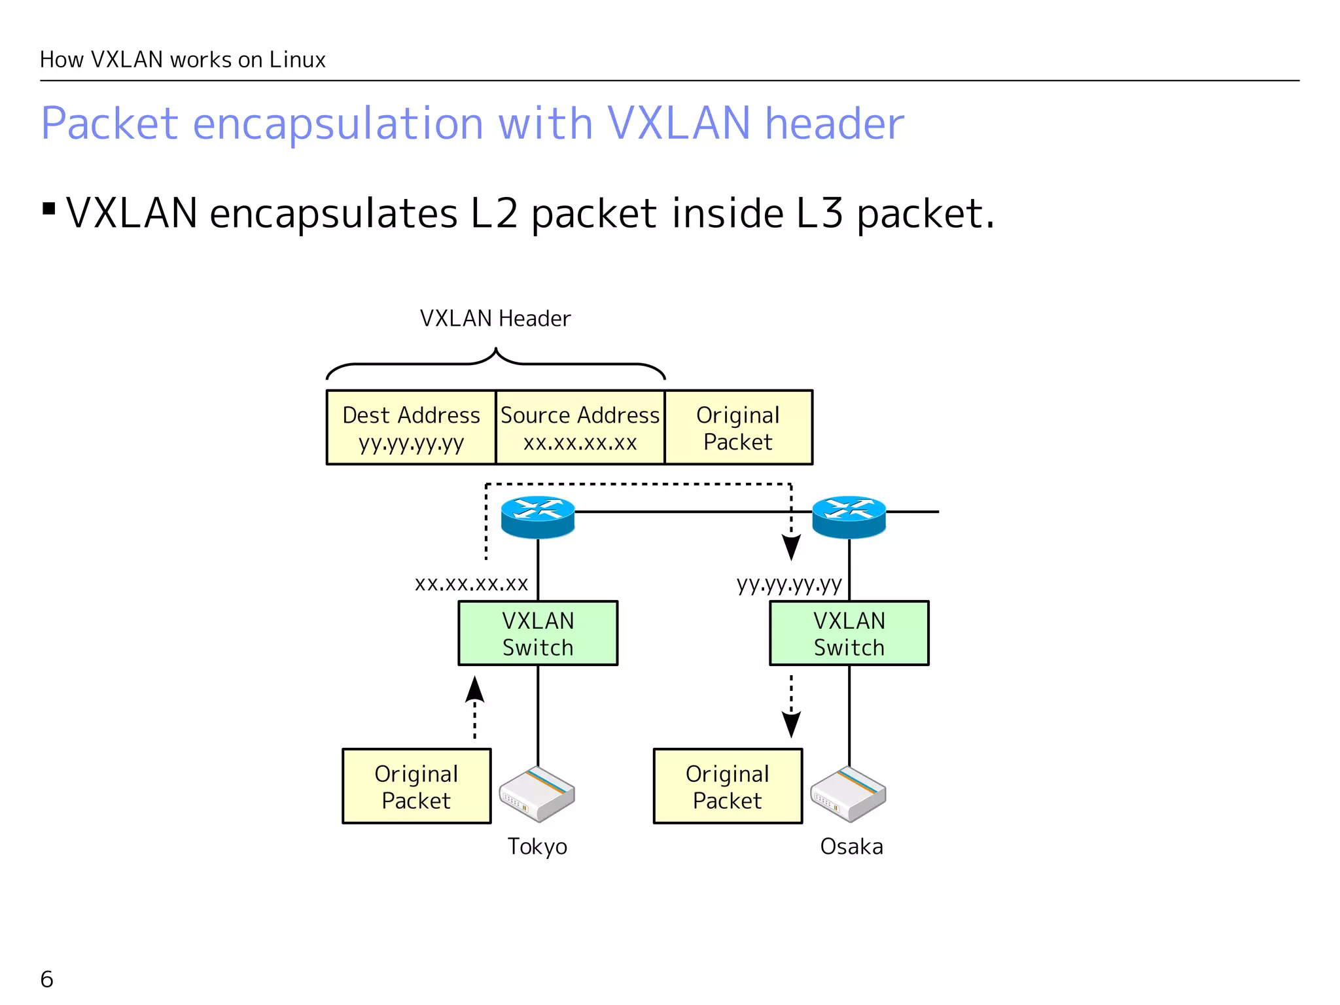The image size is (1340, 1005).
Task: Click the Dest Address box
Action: click(411, 428)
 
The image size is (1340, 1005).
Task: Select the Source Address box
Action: click(580, 428)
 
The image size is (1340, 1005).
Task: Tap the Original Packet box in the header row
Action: click(738, 428)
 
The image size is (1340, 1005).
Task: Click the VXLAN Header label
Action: click(495, 319)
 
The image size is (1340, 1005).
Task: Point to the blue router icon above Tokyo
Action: click(538, 517)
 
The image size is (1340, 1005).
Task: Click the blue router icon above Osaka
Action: click(849, 517)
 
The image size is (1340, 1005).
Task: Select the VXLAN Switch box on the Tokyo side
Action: click(538, 633)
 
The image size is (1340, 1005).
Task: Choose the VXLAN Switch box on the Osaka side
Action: click(849, 633)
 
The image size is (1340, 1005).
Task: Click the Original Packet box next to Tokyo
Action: click(416, 786)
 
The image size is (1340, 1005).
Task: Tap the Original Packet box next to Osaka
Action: click(728, 786)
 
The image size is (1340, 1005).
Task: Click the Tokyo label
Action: click(537, 847)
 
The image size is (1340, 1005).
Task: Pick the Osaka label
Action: click(851, 847)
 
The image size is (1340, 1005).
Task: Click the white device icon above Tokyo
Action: click(537, 794)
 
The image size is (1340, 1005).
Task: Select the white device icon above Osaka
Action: click(848, 794)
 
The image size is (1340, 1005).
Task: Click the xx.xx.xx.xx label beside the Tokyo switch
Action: click(471, 583)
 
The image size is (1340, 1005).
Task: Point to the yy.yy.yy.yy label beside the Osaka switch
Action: click(789, 583)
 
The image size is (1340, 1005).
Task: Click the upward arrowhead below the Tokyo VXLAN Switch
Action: click(474, 690)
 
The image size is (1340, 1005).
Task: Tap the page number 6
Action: click(46, 979)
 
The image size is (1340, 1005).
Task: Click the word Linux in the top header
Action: click(297, 60)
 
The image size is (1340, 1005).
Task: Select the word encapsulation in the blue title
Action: click(338, 123)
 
